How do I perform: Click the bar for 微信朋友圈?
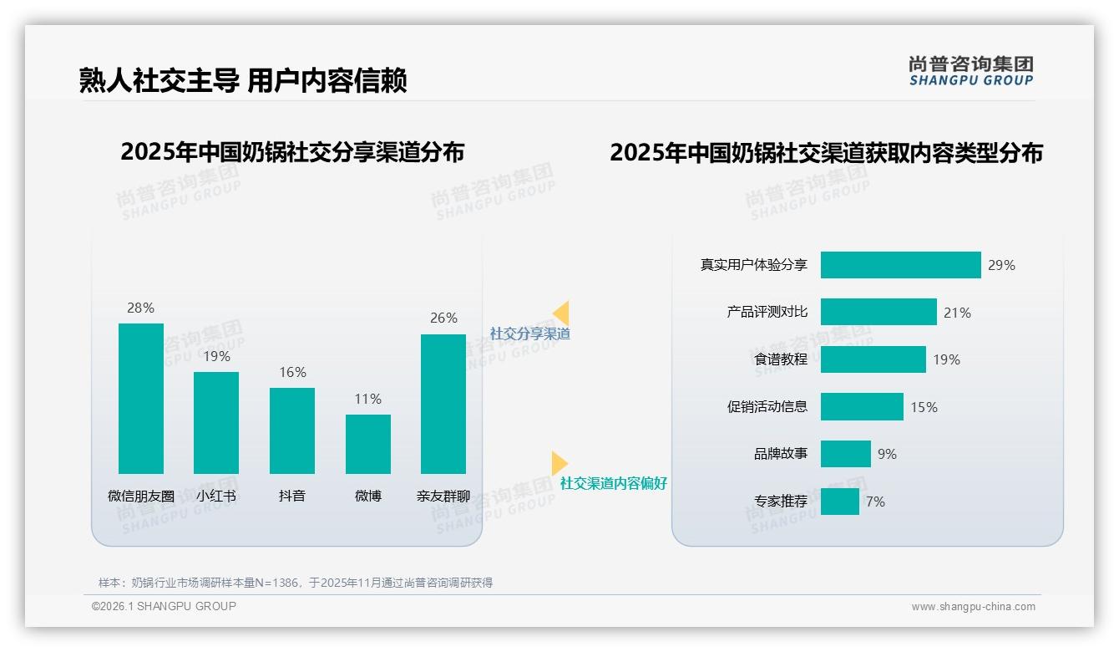click(141, 399)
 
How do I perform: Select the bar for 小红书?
click(216, 423)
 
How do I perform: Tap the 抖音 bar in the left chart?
click(292, 430)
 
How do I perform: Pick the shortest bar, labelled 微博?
click(368, 444)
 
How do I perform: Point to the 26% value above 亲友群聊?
click(443, 318)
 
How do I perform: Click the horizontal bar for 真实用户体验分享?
click(900, 265)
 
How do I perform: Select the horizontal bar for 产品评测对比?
click(878, 312)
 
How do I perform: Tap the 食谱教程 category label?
click(781, 359)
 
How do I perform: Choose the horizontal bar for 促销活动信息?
click(862, 407)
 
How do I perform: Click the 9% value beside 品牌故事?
click(887, 454)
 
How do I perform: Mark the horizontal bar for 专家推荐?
click(840, 502)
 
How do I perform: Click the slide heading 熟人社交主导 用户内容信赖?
click(243, 80)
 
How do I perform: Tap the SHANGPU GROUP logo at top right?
click(971, 71)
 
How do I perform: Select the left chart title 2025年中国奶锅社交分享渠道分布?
click(292, 152)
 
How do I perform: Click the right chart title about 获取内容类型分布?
click(826, 153)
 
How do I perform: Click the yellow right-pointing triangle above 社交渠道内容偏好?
click(559, 463)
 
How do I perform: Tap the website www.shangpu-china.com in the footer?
click(973, 607)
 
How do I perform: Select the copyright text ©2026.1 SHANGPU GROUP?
click(164, 606)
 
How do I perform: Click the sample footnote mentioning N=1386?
click(296, 583)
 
